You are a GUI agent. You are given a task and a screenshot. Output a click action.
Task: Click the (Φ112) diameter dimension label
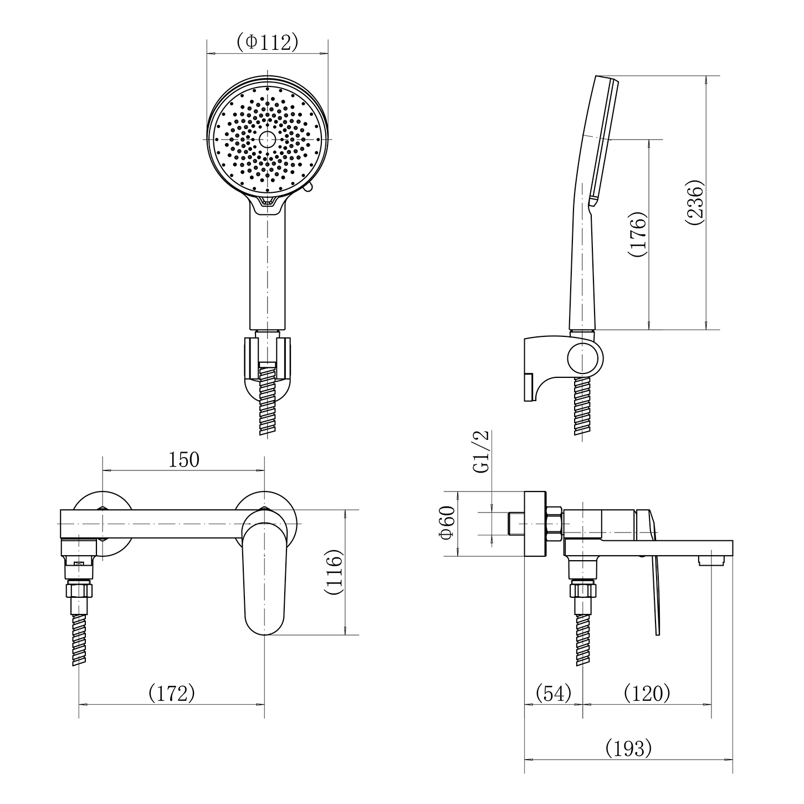[x=268, y=42]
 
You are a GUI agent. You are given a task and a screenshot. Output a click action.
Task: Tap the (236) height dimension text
[x=695, y=202]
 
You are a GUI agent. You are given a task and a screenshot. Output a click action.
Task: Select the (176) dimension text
[x=637, y=234]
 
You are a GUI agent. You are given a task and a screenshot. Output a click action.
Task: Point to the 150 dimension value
[x=184, y=460]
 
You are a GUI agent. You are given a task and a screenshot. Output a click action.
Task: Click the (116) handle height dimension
[x=334, y=572]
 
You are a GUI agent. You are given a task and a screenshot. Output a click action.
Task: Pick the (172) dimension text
[x=172, y=693]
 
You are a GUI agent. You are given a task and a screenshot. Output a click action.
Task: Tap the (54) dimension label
[x=554, y=693]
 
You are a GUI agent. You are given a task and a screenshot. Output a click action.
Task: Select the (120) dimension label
[x=647, y=693]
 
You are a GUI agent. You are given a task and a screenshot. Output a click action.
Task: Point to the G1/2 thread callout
[x=481, y=452]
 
